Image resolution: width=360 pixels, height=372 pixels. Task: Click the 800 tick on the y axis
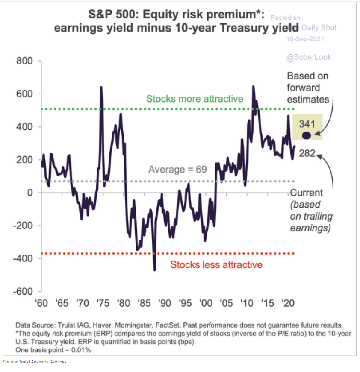click(24, 61)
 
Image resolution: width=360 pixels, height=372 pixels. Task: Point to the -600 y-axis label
click(22, 291)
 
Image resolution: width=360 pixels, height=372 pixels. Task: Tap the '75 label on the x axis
click(103, 303)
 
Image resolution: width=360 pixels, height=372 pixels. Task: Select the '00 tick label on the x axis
click(206, 303)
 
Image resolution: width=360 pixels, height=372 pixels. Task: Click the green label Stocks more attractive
click(195, 99)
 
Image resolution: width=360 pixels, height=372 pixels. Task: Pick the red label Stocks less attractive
click(216, 264)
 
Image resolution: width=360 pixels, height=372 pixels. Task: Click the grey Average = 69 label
click(177, 170)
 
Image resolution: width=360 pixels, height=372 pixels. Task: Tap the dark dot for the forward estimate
click(306, 135)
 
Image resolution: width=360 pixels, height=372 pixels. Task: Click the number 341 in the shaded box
click(307, 124)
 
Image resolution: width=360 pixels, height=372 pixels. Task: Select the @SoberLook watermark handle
click(309, 57)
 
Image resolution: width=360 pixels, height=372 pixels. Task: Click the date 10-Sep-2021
click(305, 38)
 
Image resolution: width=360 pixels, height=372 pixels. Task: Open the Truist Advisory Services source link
click(43, 362)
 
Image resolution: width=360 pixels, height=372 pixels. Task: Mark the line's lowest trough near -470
click(154, 269)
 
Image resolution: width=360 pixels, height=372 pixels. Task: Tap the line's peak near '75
click(101, 88)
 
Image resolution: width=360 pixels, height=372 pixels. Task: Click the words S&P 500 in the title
click(113, 16)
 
